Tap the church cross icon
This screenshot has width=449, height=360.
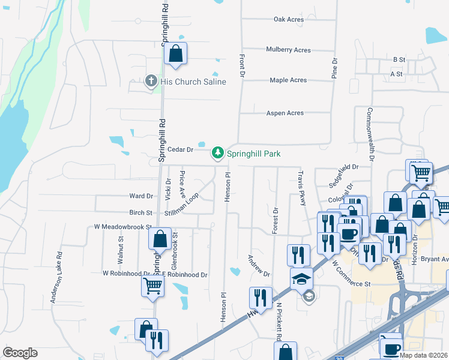tap(151, 81)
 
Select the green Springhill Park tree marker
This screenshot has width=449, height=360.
tap(218, 154)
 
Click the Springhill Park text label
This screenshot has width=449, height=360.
tap(254, 154)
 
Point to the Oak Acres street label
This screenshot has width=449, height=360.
tap(289, 19)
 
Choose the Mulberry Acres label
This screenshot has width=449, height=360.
tap(289, 50)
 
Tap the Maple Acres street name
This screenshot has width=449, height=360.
tap(288, 80)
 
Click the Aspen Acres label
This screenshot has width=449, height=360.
tap(285, 113)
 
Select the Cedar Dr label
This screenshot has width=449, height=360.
tap(180, 149)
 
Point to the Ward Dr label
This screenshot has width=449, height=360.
tap(142, 196)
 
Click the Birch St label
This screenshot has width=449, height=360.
tap(141, 212)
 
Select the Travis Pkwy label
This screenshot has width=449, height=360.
tap(302, 187)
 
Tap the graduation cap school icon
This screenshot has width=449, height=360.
tap(301, 278)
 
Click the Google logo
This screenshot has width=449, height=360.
tap(20, 353)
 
